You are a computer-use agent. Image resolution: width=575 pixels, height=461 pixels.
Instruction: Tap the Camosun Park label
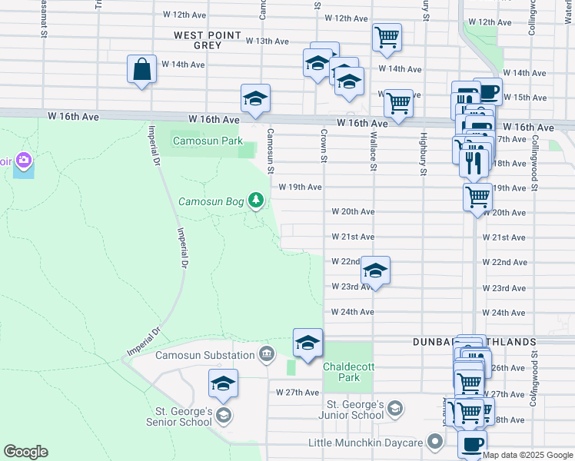coord(208,141)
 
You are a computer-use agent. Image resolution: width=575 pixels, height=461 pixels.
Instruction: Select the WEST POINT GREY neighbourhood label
coord(208,41)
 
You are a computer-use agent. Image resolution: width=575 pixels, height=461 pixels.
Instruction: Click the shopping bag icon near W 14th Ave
coord(143,69)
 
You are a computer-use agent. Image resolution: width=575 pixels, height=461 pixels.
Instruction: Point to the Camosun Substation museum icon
coord(266,354)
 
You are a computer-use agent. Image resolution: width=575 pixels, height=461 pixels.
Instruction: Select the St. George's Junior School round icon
coord(395,406)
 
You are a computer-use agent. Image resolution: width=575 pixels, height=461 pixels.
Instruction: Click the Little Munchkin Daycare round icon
coord(435,442)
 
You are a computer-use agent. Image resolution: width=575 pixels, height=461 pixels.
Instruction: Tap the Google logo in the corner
coord(25,452)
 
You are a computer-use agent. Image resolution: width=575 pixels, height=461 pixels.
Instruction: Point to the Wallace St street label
coord(373,151)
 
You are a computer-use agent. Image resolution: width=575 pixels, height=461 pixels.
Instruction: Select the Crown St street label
coord(324,147)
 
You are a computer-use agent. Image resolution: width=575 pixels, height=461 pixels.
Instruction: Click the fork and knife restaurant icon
coord(474,162)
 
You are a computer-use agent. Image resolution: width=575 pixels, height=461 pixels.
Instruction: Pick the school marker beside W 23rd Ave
coord(375,270)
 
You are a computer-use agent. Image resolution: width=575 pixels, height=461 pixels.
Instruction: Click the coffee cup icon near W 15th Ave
coord(487,92)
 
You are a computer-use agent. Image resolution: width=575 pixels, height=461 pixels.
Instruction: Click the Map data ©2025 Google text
coord(527,455)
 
